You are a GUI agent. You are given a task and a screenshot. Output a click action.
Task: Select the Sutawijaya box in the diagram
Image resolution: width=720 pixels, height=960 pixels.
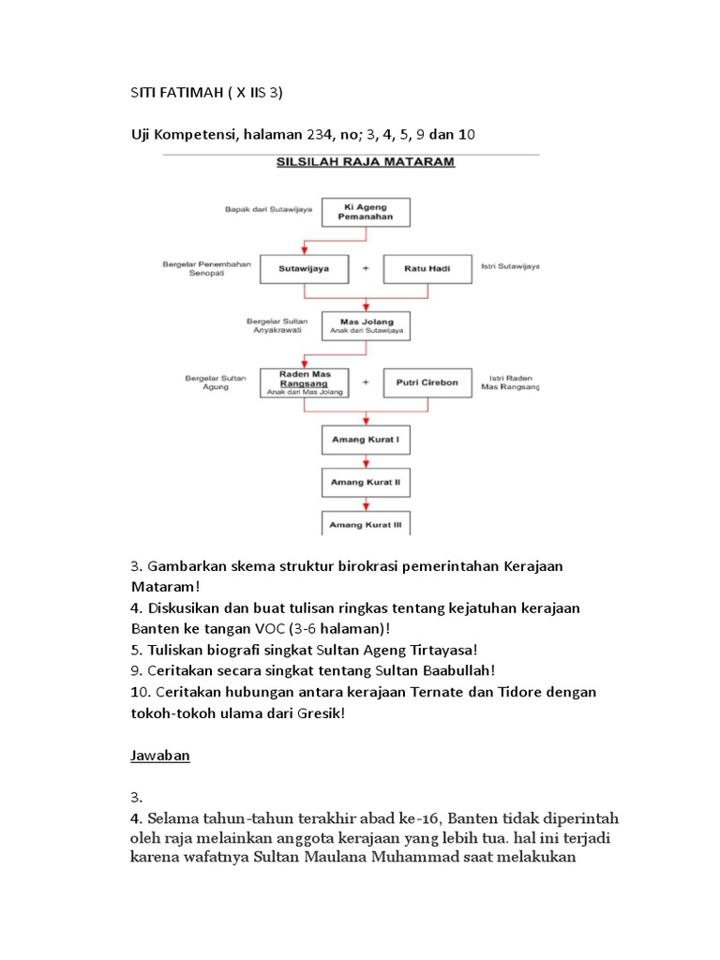[298, 268]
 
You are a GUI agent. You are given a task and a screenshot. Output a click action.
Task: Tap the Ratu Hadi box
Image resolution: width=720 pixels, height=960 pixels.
[426, 268]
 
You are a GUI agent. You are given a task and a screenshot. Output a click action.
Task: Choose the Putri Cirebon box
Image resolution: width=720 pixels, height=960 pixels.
[426, 382]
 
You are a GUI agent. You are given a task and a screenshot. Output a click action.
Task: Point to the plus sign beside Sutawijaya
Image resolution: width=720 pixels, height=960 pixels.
[366, 268]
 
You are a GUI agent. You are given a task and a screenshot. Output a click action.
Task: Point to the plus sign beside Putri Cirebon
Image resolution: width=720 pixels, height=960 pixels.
[366, 382]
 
